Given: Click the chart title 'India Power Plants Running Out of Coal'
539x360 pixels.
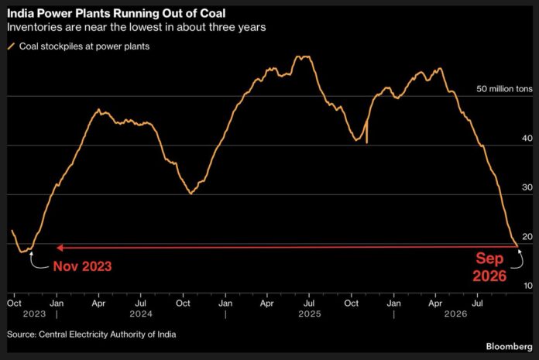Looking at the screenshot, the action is pyautogui.click(x=116, y=13).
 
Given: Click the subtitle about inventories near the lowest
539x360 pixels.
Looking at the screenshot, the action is pyautogui.click(x=136, y=27).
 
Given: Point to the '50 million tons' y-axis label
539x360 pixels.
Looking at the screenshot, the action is pyautogui.click(x=504, y=88).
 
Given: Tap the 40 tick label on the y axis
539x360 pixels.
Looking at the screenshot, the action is pyautogui.click(x=527, y=138).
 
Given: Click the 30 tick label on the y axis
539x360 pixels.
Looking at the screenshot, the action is pyautogui.click(x=527, y=187).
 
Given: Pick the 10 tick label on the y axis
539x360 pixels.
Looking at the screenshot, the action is pyautogui.click(x=527, y=286).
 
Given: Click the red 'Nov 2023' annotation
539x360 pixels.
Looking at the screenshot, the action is pyautogui.click(x=83, y=266).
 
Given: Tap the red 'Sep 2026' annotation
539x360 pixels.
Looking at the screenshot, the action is pyautogui.click(x=489, y=267).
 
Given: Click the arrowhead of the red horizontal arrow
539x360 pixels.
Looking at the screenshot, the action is pyautogui.click(x=60, y=248).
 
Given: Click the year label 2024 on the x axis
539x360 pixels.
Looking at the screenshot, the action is pyautogui.click(x=141, y=314).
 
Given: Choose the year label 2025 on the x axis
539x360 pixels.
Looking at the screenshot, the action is pyautogui.click(x=309, y=314).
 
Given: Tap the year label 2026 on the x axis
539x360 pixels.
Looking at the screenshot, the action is pyautogui.click(x=455, y=314).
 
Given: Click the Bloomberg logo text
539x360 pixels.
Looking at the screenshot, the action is pyautogui.click(x=509, y=346).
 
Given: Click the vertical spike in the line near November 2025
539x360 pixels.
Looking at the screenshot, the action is pyautogui.click(x=367, y=132).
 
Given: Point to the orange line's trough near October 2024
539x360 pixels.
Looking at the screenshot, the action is pyautogui.click(x=191, y=194).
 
